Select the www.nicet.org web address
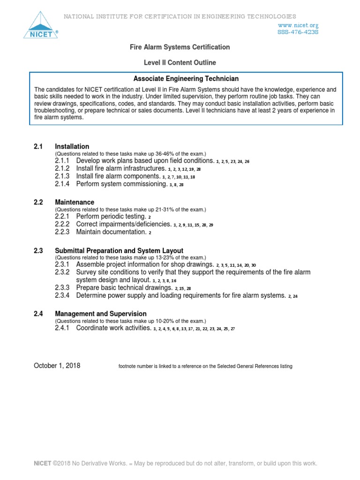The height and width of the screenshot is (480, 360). pyautogui.click(x=298, y=25)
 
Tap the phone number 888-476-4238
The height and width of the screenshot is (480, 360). pyautogui.click(x=298, y=32)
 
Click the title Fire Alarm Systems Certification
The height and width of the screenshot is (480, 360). pyautogui.click(x=180, y=47)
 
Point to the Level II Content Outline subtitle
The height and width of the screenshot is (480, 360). pyautogui.click(x=180, y=62)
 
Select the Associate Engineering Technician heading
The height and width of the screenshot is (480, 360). pyautogui.click(x=187, y=79)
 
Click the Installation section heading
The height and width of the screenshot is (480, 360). pyautogui.click(x=72, y=146)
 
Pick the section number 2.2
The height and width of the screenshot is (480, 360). pyautogui.click(x=38, y=202)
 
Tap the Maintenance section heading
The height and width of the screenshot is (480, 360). pyautogui.click(x=75, y=202)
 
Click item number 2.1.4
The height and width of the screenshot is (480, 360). pyautogui.click(x=62, y=184)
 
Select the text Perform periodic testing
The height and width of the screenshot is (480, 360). pyautogui.click(x=111, y=217)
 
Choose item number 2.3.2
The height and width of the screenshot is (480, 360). pyautogui.click(x=62, y=272)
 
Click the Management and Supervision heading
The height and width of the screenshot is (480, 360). pyautogui.click(x=100, y=314)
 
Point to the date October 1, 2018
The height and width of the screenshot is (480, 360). pyautogui.click(x=57, y=366)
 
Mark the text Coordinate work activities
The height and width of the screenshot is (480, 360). pyautogui.click(x=113, y=328)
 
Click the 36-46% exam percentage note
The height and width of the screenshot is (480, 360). pyautogui.click(x=130, y=154)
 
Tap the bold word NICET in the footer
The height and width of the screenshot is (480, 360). pyautogui.click(x=42, y=464)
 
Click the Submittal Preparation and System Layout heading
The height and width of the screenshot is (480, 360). pyautogui.click(x=119, y=251)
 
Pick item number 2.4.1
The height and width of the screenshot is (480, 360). pyautogui.click(x=62, y=328)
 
